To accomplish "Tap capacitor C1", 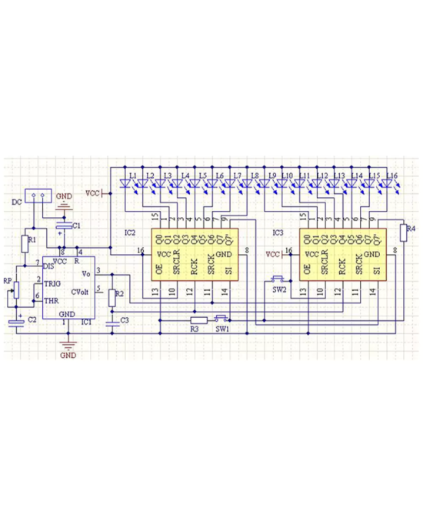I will pyautogui.click(x=68, y=224).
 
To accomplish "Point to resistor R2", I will pyautogui.click(x=112, y=294).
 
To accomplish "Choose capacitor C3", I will pyautogui.click(x=112, y=323).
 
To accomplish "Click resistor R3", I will pyautogui.click(x=198, y=319).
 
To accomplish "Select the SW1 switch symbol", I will pyautogui.click(x=221, y=318).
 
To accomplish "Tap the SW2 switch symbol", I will pyautogui.click(x=278, y=279).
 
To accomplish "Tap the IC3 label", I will pyautogui.click(x=278, y=232).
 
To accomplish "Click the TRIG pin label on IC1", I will pyautogui.click(x=52, y=283).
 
